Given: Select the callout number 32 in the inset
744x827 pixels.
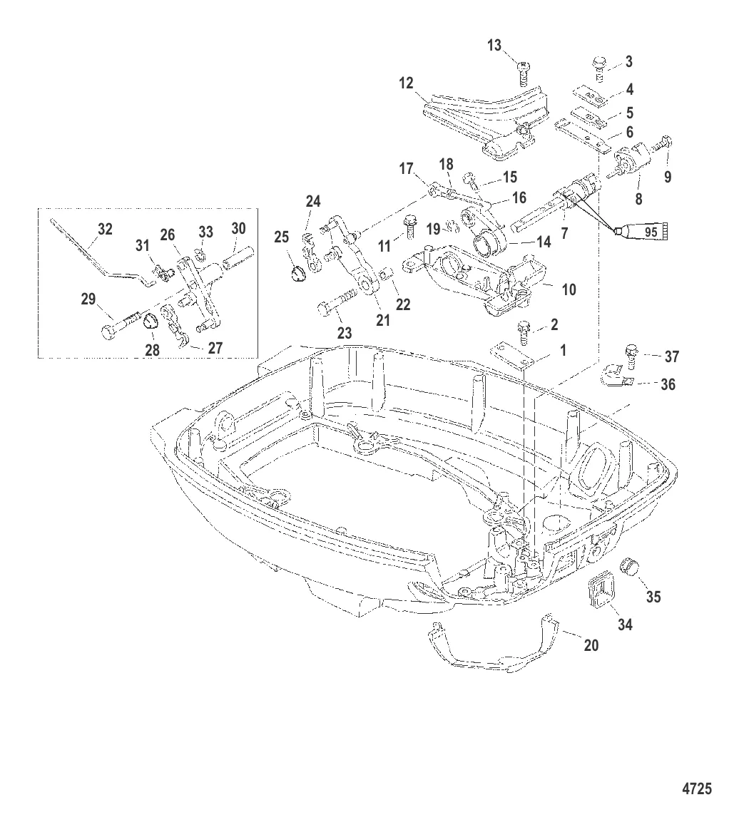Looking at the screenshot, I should coord(105,230).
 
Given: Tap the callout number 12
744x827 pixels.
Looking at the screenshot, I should coord(406,83).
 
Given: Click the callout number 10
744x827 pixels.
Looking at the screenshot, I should coord(569,290).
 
